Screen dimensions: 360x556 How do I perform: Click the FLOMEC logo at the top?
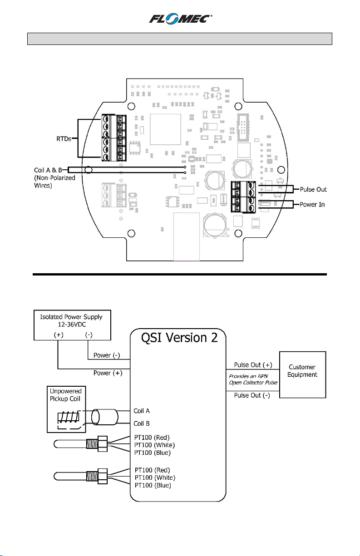[x=180, y=19]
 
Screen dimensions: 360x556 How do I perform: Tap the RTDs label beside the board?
[x=64, y=139]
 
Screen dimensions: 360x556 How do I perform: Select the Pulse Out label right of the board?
[x=313, y=189]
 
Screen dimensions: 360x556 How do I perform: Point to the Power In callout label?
[x=312, y=204]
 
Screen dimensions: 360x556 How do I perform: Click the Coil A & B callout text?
[x=48, y=170]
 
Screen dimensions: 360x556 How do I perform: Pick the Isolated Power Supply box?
[x=72, y=325]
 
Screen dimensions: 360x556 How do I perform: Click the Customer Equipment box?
[x=302, y=374]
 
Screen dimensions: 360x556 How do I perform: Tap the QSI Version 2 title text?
[x=179, y=338]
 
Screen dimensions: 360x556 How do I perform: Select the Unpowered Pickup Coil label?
[x=65, y=395]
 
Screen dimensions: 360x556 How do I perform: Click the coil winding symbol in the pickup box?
[x=68, y=417]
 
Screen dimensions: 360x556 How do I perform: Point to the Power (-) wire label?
[x=107, y=355]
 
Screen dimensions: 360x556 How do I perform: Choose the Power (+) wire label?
[x=108, y=373]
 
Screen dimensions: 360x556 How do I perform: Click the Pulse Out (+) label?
[x=253, y=365]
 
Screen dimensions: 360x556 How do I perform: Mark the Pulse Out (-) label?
[x=252, y=395]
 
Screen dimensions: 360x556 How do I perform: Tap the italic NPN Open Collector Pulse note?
[x=253, y=379]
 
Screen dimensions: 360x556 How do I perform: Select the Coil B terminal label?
[x=142, y=423]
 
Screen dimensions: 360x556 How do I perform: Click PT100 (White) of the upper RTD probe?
[x=154, y=445]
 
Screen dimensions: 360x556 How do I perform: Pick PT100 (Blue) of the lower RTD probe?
[x=153, y=485]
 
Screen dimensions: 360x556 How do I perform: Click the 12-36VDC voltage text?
[x=72, y=325]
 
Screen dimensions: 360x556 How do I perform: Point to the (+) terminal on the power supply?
[x=59, y=335]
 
